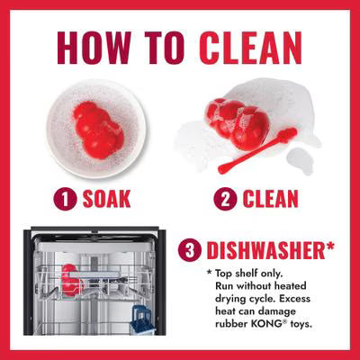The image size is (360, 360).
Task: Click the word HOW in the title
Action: (x=94, y=48)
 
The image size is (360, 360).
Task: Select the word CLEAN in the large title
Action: (x=250, y=48)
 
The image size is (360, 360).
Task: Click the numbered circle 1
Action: (x=65, y=199)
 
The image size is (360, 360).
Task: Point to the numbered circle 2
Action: (x=225, y=199)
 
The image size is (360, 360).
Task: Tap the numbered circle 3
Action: (x=190, y=250)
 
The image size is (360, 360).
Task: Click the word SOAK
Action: (x=106, y=199)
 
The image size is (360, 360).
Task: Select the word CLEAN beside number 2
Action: (x=270, y=199)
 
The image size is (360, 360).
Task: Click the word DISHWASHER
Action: (x=263, y=251)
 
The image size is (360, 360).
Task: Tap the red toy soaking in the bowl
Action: (x=98, y=130)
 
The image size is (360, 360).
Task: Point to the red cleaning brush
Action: (x=257, y=151)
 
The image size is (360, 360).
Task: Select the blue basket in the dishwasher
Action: (x=143, y=319)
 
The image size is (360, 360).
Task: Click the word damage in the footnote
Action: (x=277, y=312)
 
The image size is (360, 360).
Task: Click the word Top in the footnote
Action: (x=224, y=274)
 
